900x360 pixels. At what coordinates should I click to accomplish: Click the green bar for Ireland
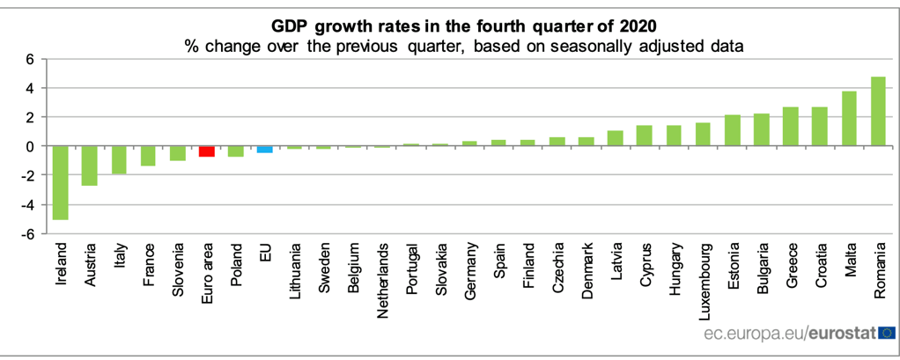click(60, 182)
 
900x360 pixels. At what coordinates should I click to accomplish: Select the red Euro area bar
click(206, 151)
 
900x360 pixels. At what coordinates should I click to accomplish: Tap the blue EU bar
click(264, 150)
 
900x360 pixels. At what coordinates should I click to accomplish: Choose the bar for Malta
click(849, 119)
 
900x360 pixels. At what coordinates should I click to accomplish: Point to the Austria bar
click(89, 165)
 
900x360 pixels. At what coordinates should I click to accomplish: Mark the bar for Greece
click(791, 127)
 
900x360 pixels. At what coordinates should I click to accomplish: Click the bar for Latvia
click(615, 138)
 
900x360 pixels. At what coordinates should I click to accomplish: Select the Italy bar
click(119, 160)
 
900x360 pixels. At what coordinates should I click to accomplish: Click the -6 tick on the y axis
click(28, 234)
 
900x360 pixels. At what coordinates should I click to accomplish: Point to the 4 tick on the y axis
click(30, 88)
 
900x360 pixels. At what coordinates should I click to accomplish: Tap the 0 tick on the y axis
click(30, 146)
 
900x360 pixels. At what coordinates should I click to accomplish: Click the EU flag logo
click(886, 333)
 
